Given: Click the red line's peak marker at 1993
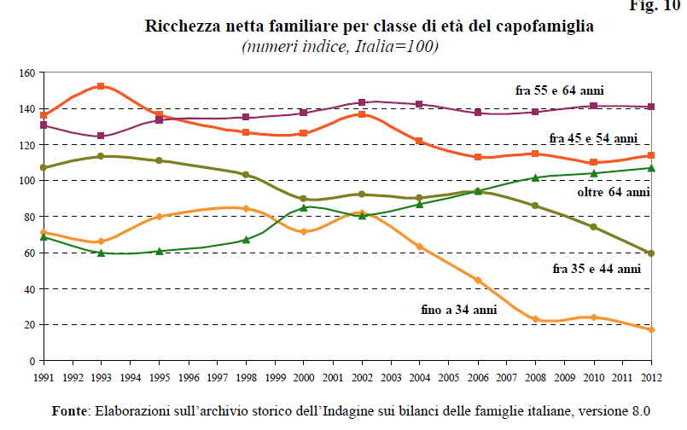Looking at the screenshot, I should click(101, 86).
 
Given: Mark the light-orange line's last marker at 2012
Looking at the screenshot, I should click(652, 330).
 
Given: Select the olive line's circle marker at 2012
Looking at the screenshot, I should click(652, 253).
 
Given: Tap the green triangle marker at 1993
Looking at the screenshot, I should click(101, 253).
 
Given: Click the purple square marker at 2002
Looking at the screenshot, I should click(362, 102).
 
